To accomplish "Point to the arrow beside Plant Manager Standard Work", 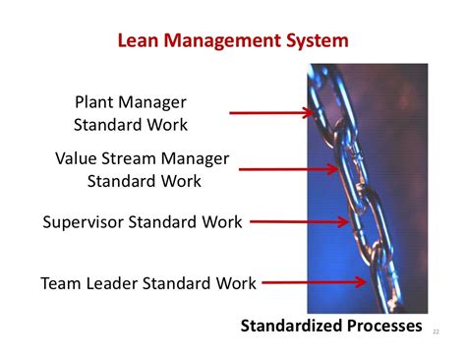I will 271,113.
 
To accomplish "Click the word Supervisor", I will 87,221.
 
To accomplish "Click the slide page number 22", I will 437,332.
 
